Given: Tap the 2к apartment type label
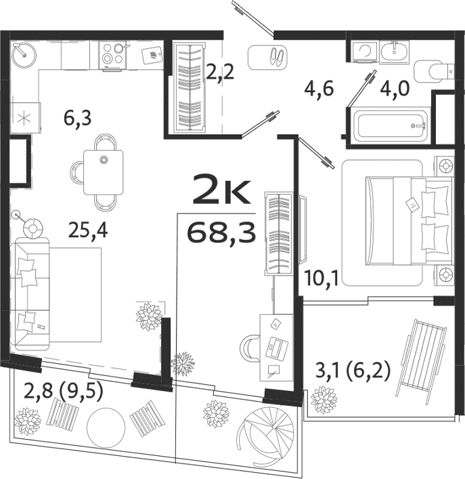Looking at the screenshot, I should coord(221,190).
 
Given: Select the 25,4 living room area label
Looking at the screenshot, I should coord(88,231).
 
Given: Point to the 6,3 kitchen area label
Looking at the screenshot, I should coord(78,119).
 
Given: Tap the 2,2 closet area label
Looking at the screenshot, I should coord(220,71).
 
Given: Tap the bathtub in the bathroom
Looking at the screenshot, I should coord(388,125).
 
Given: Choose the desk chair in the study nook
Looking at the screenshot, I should coord(250,348).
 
